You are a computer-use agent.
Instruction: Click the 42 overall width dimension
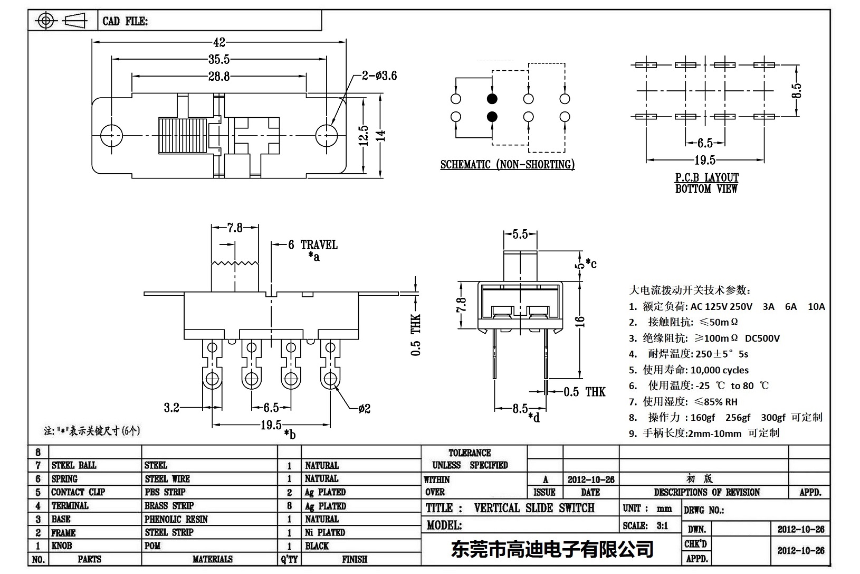click(219, 43)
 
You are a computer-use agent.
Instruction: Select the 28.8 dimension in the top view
click(218, 77)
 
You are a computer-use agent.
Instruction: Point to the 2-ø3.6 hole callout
click(379, 76)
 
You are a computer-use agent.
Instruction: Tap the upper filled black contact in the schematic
click(492, 99)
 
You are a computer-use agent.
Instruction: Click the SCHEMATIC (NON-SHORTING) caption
click(508, 165)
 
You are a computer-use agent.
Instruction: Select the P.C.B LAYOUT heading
click(707, 178)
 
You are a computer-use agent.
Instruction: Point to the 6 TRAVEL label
click(313, 245)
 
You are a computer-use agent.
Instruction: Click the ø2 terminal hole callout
click(364, 409)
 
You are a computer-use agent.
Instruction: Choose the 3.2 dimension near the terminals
click(171, 408)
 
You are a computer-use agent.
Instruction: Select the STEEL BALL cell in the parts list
click(74, 465)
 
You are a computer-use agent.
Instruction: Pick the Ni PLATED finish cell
click(325, 532)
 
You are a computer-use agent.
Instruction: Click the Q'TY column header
click(290, 559)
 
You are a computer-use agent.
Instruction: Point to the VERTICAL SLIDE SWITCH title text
click(534, 508)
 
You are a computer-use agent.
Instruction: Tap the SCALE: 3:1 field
click(645, 525)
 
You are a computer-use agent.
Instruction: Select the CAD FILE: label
click(125, 21)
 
